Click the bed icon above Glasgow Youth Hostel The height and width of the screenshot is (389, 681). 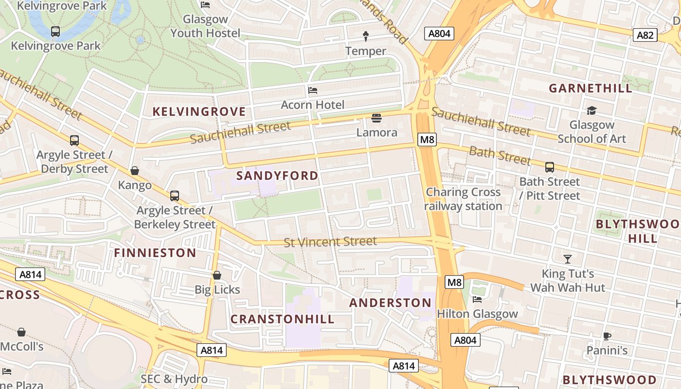[205, 5]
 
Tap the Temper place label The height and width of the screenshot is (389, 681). [365, 51]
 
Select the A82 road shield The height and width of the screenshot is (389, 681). [645, 35]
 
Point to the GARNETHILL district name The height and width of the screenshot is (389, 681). [591, 88]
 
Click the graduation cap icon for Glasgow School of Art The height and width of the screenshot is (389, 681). [591, 111]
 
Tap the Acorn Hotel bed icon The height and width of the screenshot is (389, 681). [313, 90]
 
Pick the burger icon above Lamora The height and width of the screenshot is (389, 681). [376, 118]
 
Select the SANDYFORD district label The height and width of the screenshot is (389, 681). [277, 176]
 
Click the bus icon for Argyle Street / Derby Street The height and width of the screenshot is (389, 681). [74, 141]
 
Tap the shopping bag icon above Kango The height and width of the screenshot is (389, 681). [135, 171]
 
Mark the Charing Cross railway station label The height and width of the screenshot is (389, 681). [463, 199]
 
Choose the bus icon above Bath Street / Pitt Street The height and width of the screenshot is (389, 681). [550, 167]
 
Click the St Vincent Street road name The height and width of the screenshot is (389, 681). [330, 242]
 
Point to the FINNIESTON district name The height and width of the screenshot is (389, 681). [155, 253]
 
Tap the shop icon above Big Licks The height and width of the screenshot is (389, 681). [217, 275]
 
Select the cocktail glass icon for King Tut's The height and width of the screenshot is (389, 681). [567, 259]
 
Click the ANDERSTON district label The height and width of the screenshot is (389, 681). [390, 303]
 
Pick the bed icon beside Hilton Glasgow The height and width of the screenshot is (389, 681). [477, 299]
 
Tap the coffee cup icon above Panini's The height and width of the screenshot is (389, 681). [607, 336]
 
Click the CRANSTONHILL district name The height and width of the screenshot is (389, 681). [282, 319]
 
